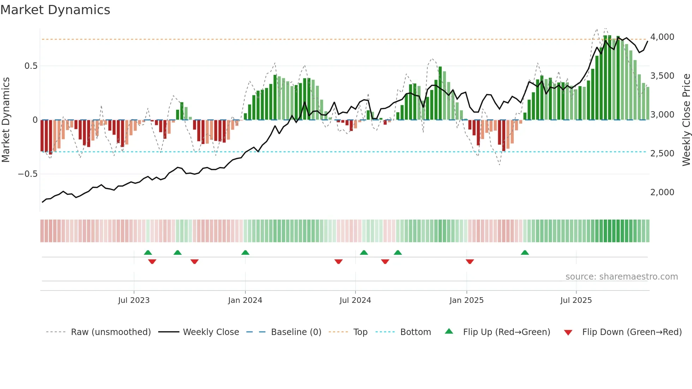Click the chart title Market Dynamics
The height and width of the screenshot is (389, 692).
pyautogui.click(x=55, y=10)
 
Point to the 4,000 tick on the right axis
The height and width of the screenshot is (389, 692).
pyautogui.click(x=662, y=37)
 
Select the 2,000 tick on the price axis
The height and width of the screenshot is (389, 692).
pyautogui.click(x=662, y=192)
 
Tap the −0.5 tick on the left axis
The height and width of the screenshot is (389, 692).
pyautogui.click(x=28, y=174)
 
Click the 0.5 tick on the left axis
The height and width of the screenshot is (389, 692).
pyautogui.click(x=31, y=66)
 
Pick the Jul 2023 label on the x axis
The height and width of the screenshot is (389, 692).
pyautogui.click(x=134, y=300)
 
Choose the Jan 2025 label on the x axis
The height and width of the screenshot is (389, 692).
pyautogui.click(x=466, y=300)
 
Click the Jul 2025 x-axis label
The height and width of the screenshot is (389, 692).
pyautogui.click(x=576, y=300)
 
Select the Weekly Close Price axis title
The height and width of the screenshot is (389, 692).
pyautogui.click(x=686, y=120)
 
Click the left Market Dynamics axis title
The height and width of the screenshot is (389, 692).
pyautogui.click(x=6, y=120)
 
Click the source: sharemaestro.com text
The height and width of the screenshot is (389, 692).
pyautogui.click(x=621, y=277)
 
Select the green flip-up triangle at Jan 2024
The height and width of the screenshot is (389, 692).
pyautogui.click(x=245, y=252)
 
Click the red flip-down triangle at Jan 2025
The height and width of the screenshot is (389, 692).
pyautogui.click(x=470, y=262)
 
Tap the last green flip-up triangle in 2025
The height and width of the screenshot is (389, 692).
pyautogui.click(x=525, y=252)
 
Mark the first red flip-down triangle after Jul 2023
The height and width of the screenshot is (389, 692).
pyautogui.click(x=152, y=262)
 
